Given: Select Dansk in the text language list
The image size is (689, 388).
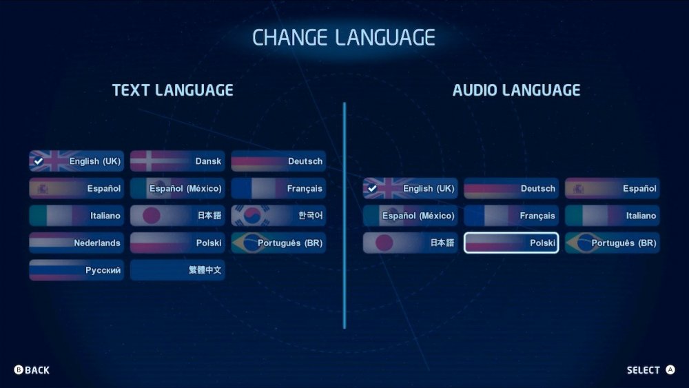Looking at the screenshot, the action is click(178, 161).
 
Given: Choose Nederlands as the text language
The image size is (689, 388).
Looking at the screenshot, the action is click(76, 243).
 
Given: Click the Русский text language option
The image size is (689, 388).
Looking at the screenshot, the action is click(76, 269).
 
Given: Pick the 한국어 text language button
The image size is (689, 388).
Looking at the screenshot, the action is click(278, 215).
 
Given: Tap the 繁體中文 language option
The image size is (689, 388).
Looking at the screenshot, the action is click(178, 269).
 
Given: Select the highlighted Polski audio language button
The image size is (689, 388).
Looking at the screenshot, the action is click(511, 243).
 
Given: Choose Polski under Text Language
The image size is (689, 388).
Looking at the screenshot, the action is click(178, 243).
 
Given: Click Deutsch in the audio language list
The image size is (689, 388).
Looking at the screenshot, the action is click(511, 188).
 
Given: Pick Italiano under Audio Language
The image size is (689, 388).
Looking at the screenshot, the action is click(613, 215).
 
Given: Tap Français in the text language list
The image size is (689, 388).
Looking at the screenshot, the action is click(278, 188).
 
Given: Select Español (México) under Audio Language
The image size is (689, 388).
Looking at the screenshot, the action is click(411, 215).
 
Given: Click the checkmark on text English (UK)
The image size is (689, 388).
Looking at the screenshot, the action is click(39, 161).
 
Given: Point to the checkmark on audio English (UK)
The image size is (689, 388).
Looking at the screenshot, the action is click(373, 189).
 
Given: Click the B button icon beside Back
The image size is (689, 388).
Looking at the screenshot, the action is click(19, 370).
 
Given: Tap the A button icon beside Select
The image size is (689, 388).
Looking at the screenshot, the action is click(670, 370).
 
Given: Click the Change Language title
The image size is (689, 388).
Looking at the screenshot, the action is click(344, 37).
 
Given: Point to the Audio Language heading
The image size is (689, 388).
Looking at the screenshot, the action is click(516, 90).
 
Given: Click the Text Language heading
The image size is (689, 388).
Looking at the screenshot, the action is click(173, 90).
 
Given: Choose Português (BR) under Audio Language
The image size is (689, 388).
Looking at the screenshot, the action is click(613, 243).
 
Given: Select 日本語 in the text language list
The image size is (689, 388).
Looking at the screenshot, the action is click(178, 215).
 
